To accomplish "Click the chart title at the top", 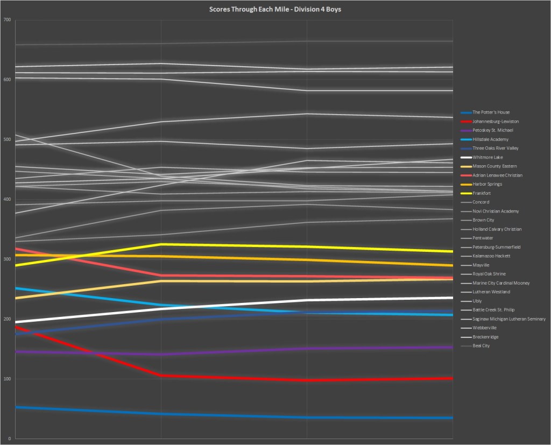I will tap(274, 9).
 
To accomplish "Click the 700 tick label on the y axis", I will tap(7, 20).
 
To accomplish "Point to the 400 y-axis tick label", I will tap(7, 200).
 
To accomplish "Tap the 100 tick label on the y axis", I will tap(7, 379).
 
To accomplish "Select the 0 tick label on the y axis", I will tap(9, 439).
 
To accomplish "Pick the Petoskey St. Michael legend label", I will tap(492, 130).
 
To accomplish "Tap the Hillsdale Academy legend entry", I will tap(490, 139).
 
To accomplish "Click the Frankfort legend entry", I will tap(481, 193).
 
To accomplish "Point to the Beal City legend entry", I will tap(481, 346).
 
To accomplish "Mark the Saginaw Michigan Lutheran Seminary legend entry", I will tap(508, 319).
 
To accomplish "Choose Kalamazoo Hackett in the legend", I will tap(491, 256).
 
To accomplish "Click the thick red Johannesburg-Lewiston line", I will tap(231, 378).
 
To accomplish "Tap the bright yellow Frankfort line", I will tap(231, 245).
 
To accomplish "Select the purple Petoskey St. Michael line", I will tap(231, 351).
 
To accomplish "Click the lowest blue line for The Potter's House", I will tap(231, 415).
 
